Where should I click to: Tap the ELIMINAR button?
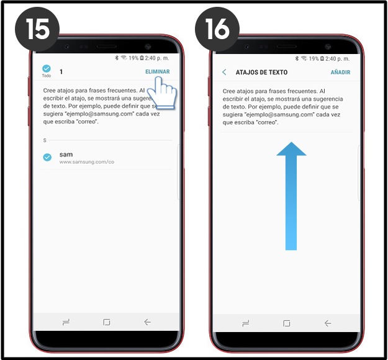click(158, 72)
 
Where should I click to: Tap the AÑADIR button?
click(340, 72)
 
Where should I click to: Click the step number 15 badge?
click(37, 29)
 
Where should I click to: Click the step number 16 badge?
click(217, 29)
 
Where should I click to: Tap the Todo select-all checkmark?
click(47, 68)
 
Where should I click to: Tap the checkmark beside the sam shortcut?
click(47, 157)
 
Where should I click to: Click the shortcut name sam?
click(66, 155)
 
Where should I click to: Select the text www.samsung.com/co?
click(87, 162)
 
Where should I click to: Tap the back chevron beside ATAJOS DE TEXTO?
click(224, 72)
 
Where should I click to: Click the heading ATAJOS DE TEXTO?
click(261, 72)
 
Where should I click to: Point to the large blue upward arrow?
click(291, 196)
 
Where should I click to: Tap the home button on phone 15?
click(106, 322)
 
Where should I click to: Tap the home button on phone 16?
click(287, 323)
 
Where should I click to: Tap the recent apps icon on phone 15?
click(66, 322)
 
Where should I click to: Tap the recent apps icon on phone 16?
click(245, 323)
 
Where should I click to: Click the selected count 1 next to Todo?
click(61, 72)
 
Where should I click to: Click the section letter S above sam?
click(45, 140)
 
